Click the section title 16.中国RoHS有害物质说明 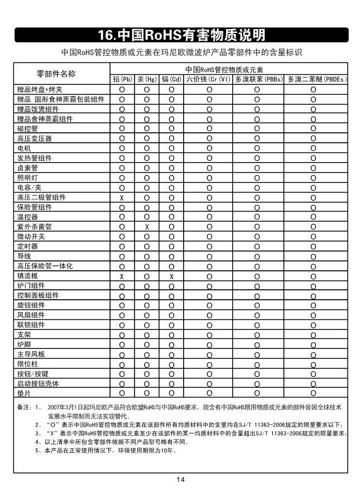(x=180, y=35)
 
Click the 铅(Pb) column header (x=122, y=80)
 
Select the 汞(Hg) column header (x=147, y=80)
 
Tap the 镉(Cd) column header (x=172, y=80)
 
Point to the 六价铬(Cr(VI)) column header (x=208, y=80)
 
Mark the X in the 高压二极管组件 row (x=121, y=198)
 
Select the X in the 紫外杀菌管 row (x=147, y=227)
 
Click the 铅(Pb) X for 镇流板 (x=121, y=276)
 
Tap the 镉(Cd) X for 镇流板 (x=172, y=276)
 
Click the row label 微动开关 (x=31, y=237)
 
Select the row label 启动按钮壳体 (x=37, y=384)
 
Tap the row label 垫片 (x=24, y=394)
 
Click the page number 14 (x=180, y=480)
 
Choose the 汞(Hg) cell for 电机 (x=147, y=148)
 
